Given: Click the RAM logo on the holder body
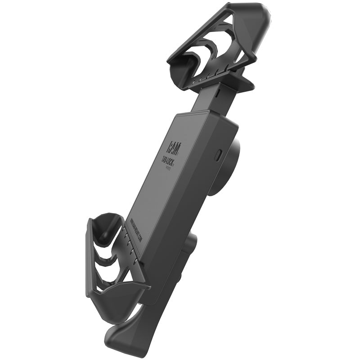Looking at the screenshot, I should point(174,145).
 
